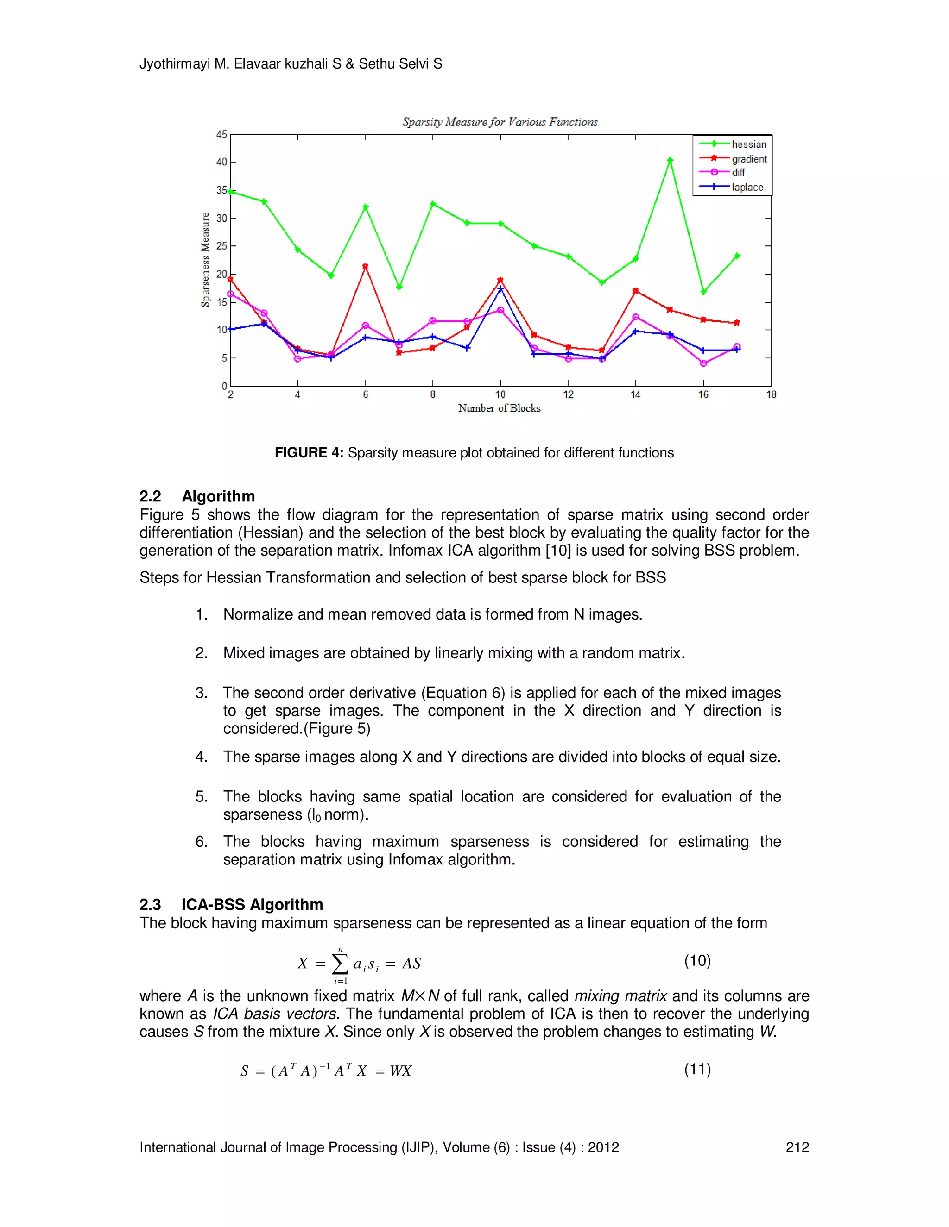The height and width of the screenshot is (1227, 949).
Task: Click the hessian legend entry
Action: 748,144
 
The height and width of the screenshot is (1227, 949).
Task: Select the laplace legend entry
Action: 747,187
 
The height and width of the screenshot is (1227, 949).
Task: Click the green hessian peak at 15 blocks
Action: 670,161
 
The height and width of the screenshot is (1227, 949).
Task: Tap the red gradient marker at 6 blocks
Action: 366,266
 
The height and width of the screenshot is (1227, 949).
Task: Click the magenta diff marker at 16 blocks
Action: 703,363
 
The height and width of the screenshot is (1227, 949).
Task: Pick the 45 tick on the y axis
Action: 222,134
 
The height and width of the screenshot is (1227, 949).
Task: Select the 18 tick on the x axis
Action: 771,395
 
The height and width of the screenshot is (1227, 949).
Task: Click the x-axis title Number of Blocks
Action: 499,408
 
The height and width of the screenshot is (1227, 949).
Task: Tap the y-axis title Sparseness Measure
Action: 206,260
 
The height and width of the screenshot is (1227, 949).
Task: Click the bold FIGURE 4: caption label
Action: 309,453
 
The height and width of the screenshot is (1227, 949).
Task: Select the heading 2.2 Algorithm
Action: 197,496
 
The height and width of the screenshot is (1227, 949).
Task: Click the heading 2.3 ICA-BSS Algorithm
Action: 231,905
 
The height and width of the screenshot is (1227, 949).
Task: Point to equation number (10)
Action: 697,961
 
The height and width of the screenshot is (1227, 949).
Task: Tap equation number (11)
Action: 697,1069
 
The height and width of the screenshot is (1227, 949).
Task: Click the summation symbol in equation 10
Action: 340,964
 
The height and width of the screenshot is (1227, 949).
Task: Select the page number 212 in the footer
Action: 797,1147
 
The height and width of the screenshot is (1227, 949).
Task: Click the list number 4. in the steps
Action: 202,757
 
